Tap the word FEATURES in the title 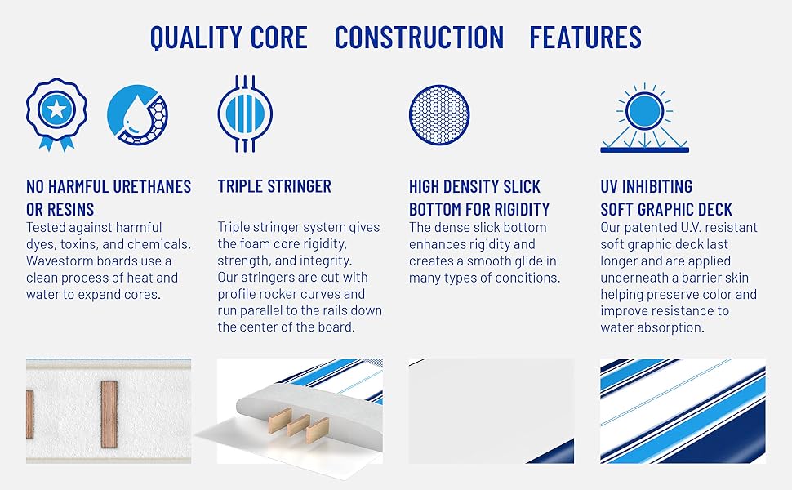click(585, 38)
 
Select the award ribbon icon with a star click(56, 114)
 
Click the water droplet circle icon click(138, 114)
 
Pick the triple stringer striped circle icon click(244, 114)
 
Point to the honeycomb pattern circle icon click(440, 114)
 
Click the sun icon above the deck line click(644, 112)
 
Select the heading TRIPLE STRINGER click(274, 186)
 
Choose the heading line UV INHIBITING click(646, 186)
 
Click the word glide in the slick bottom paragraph click(517, 261)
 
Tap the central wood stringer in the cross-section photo click(109, 413)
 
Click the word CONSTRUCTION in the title click(419, 38)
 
